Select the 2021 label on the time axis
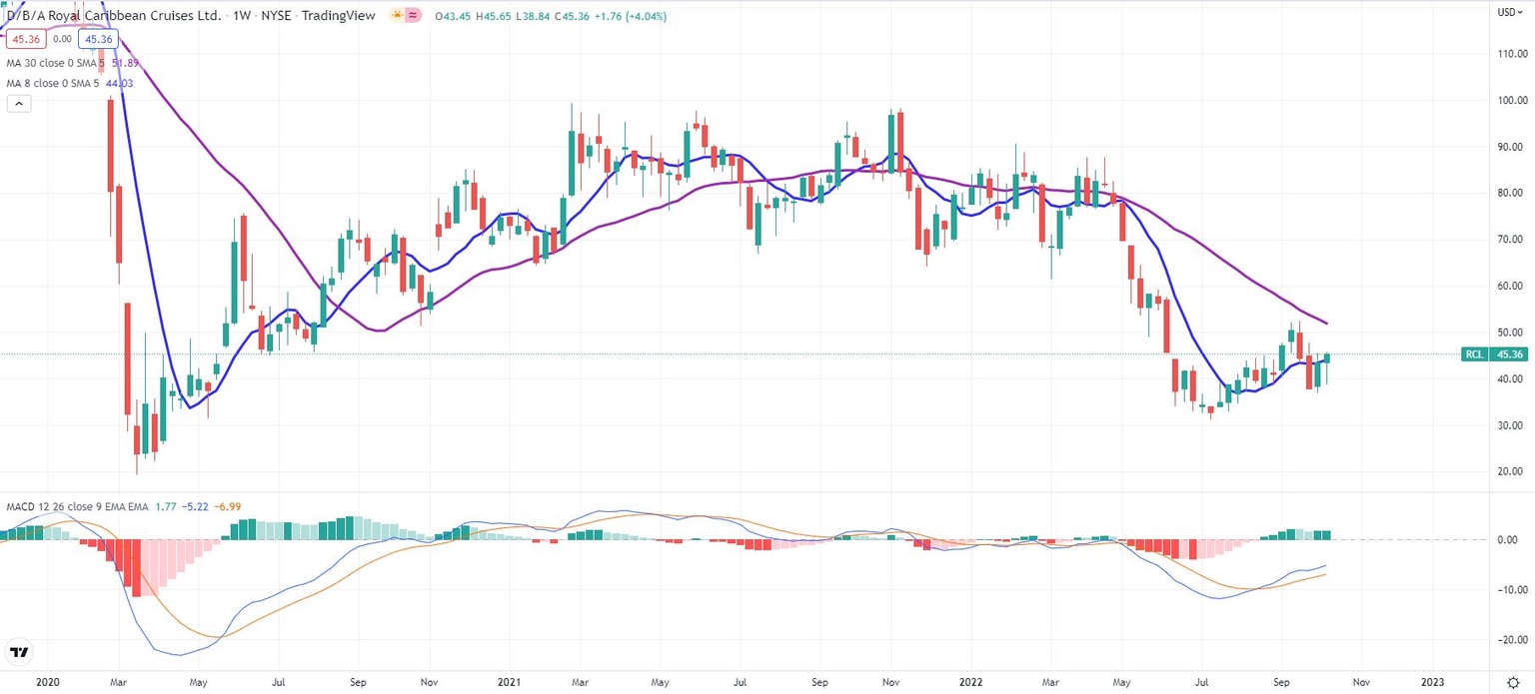[x=509, y=682]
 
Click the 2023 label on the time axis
[x=1432, y=682]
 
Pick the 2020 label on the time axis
[x=45, y=682]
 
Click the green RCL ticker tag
[x=1473, y=354]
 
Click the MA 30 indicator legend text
[x=70, y=64]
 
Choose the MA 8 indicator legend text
[x=67, y=83]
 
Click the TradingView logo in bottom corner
[x=19, y=654]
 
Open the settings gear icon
[x=1512, y=682]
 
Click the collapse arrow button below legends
[x=19, y=103]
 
